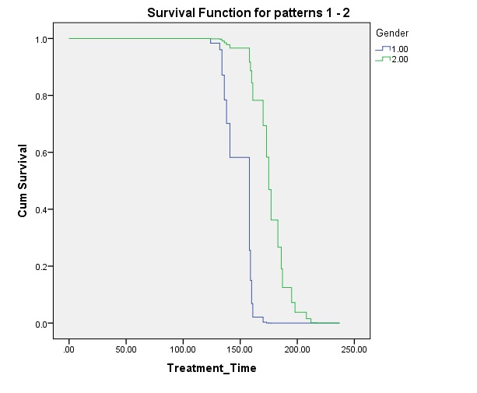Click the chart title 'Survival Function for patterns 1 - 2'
pyautogui.click(x=248, y=13)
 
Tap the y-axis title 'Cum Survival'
pyautogui.click(x=23, y=181)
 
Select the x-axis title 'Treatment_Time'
pyautogui.click(x=212, y=368)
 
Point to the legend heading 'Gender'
pyautogui.click(x=392, y=33)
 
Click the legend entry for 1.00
pyautogui.click(x=392, y=49)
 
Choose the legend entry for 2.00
pyautogui.click(x=392, y=59)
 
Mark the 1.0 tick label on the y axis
pyautogui.click(x=40, y=40)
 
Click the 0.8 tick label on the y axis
pyautogui.click(x=40, y=96)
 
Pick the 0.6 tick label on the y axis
pyautogui.click(x=40, y=153)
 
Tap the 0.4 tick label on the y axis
pyautogui.click(x=40, y=210)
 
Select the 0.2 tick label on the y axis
pyautogui.click(x=40, y=267)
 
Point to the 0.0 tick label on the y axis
pyautogui.click(x=40, y=325)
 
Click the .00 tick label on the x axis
pyautogui.click(x=68, y=349)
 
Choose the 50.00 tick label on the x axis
pyautogui.click(x=126, y=349)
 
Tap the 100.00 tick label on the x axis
pyautogui.click(x=183, y=349)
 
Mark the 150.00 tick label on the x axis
pyautogui.click(x=240, y=349)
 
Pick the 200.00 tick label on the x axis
pyautogui.click(x=297, y=349)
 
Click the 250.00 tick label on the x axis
pyautogui.click(x=354, y=349)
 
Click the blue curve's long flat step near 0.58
pyautogui.click(x=240, y=157)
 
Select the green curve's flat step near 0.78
pyautogui.click(x=258, y=100)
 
